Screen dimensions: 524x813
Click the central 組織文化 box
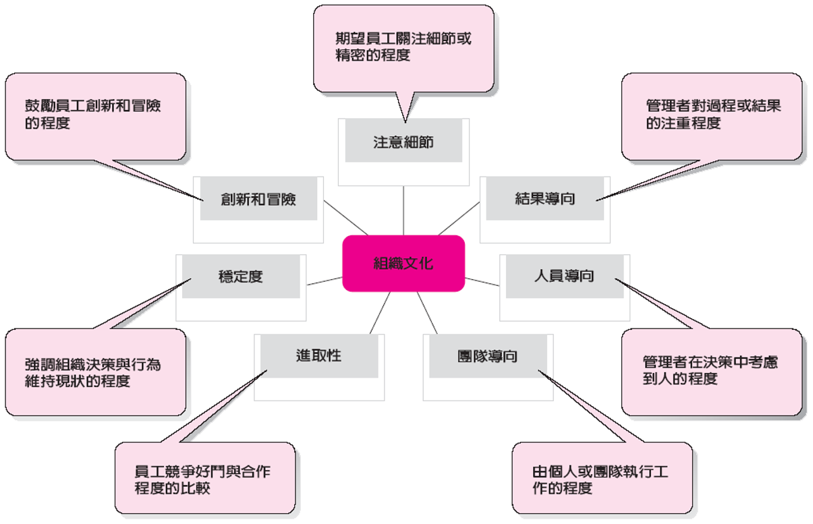pyautogui.click(x=403, y=263)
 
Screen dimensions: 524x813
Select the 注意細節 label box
pyautogui.click(x=403, y=142)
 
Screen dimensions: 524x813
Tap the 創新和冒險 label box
pyautogui.click(x=258, y=200)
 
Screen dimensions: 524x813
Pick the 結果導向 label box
pyautogui.click(x=544, y=199)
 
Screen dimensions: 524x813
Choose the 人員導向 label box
pyautogui.click(x=564, y=276)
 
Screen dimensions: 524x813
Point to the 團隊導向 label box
pyautogui.click(x=487, y=356)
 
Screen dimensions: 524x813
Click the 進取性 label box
pyautogui.click(x=318, y=355)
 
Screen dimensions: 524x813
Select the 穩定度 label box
pyautogui.click(x=241, y=276)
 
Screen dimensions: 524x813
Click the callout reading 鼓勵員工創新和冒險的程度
pyautogui.click(x=95, y=116)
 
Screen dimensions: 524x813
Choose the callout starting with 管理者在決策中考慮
pyautogui.click(x=712, y=372)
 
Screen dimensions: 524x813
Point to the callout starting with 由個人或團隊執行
pyautogui.click(x=602, y=478)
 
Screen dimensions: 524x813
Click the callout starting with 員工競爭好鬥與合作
pyautogui.click(x=205, y=478)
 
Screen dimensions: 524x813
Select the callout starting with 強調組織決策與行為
pyautogui.click(x=95, y=372)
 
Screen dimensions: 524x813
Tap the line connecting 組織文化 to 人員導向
pyautogui.click(x=482, y=281)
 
